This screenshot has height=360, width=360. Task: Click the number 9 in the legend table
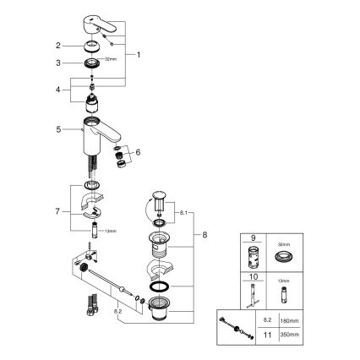click(251, 239)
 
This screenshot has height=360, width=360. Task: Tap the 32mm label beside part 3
click(110, 60)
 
